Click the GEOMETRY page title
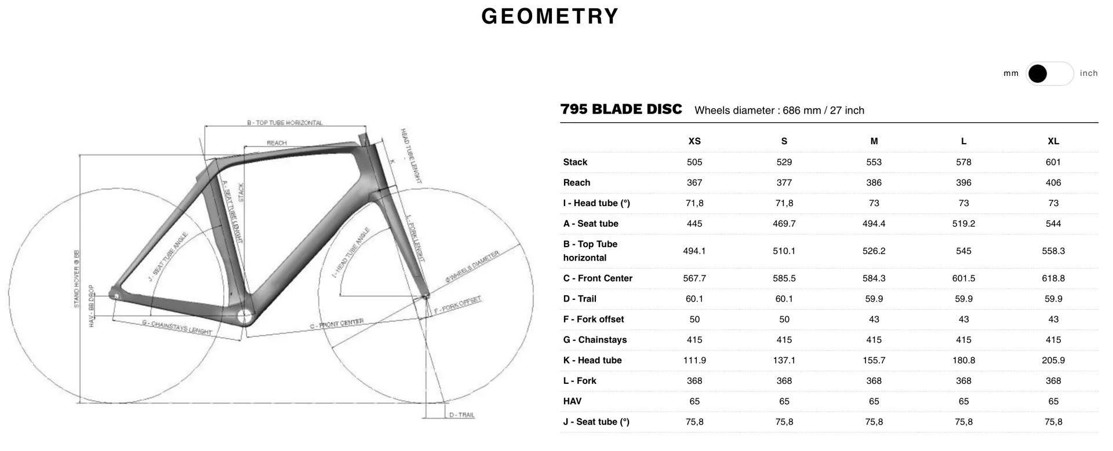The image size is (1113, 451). point(550,16)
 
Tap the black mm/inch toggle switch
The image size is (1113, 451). point(1050,74)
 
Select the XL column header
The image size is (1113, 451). point(1053,141)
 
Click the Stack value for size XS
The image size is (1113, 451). point(694,162)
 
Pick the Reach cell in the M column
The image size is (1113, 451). point(874,183)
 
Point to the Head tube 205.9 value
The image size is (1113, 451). point(1053,360)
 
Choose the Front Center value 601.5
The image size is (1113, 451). point(963,278)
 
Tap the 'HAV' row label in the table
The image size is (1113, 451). point(572,401)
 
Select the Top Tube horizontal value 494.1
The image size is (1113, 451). point(694,251)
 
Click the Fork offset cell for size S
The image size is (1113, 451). point(784,320)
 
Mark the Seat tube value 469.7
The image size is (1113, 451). point(784,224)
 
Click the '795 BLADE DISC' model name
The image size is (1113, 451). point(621,109)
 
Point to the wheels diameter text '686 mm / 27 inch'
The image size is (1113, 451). point(823,111)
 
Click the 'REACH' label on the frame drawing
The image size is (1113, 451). point(277,143)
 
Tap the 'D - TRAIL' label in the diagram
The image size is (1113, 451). point(462,415)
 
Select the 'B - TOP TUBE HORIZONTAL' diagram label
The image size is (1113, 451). point(285,123)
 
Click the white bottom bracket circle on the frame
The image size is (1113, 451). point(245,316)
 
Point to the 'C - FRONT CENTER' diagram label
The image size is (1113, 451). point(337,324)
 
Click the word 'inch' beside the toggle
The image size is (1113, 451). point(1089,74)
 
